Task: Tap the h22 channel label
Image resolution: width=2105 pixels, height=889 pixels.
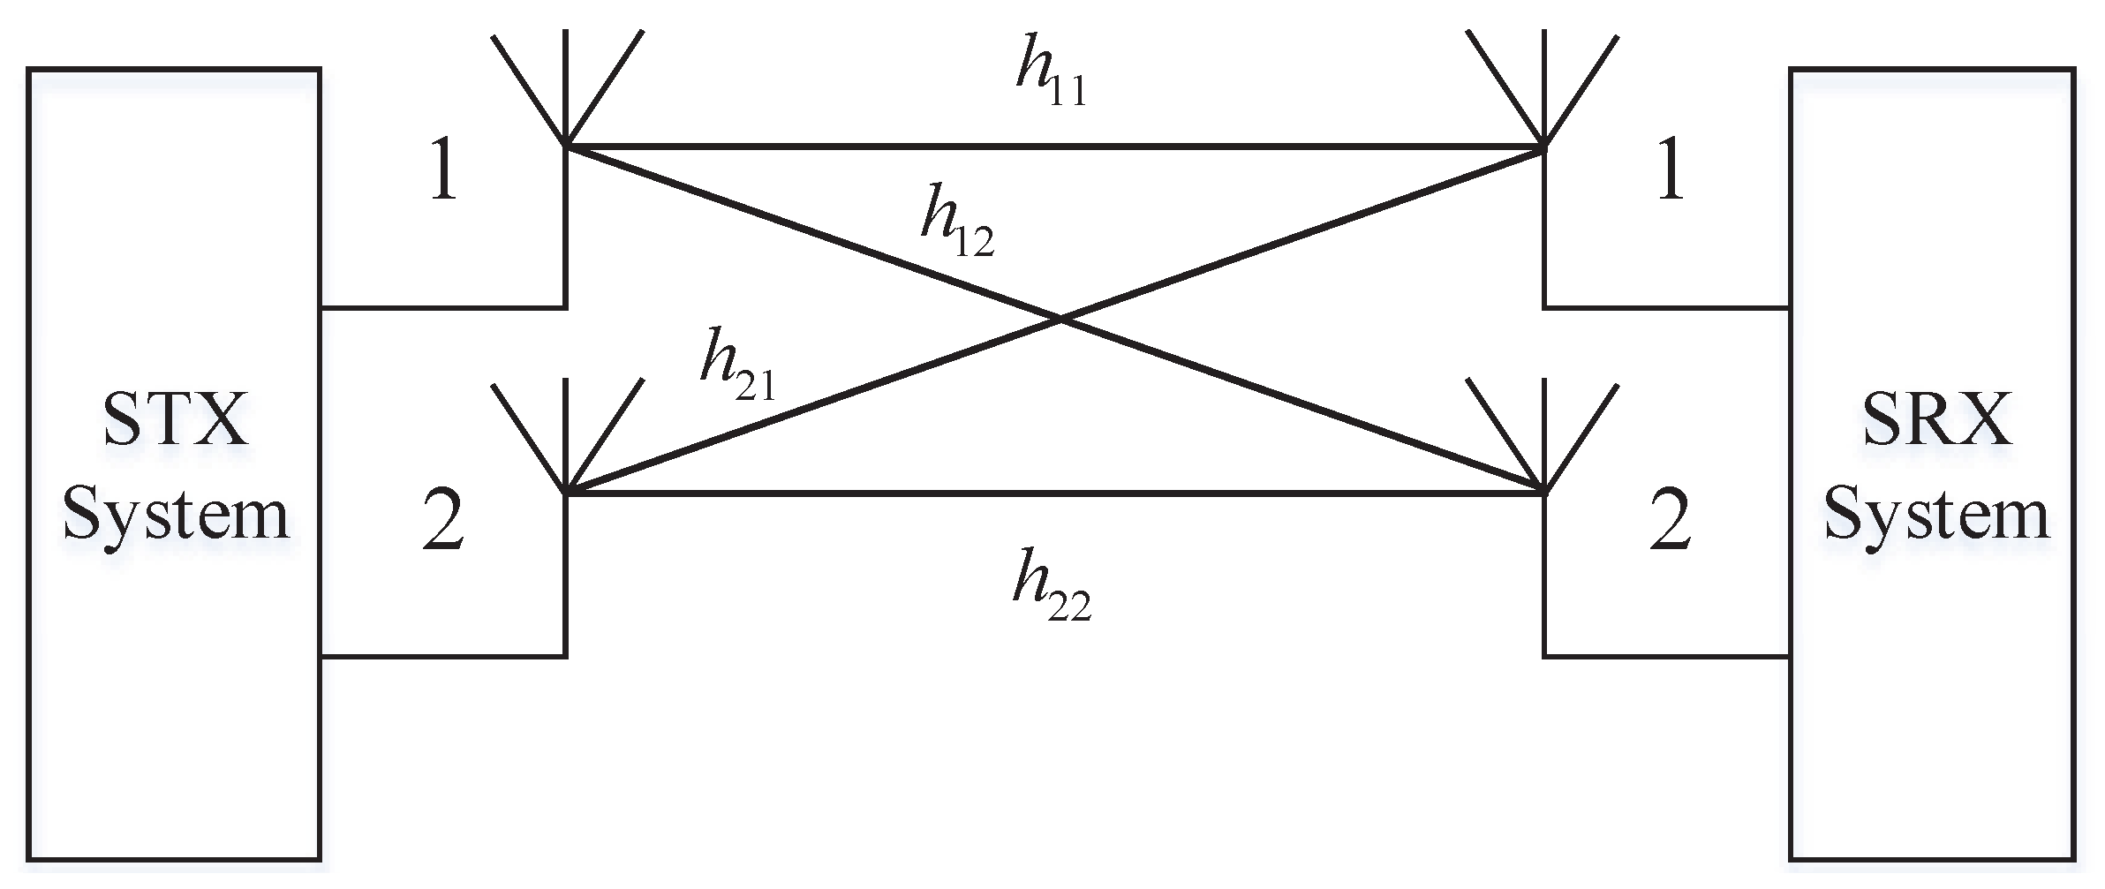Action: click(1051, 592)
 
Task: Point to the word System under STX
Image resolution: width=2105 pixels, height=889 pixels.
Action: click(177, 516)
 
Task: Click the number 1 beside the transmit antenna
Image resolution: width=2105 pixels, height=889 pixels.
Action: click(444, 172)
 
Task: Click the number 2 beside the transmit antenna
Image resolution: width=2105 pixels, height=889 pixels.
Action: click(443, 522)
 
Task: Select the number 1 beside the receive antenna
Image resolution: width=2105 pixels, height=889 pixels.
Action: click(1669, 172)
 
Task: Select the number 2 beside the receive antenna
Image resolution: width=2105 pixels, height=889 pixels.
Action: click(1669, 522)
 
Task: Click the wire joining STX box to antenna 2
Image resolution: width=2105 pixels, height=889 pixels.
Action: click(441, 656)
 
